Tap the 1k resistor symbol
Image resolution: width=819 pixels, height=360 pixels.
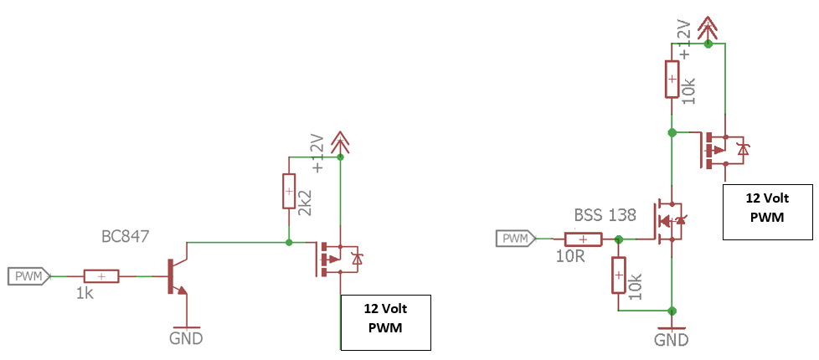click(101, 275)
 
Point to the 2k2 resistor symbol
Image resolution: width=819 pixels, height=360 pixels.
click(290, 191)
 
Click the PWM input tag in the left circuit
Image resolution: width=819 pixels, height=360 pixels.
click(28, 275)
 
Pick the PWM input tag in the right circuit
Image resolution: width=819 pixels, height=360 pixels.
click(520, 239)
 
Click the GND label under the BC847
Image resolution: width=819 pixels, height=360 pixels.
click(185, 339)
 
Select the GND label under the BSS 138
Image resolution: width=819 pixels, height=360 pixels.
click(672, 340)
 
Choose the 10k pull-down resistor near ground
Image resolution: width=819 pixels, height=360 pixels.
click(618, 275)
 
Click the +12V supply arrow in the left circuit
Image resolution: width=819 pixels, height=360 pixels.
click(340, 144)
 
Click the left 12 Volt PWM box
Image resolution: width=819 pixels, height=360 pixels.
click(385, 321)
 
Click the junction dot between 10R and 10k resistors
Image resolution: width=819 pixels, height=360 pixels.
click(618, 239)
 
